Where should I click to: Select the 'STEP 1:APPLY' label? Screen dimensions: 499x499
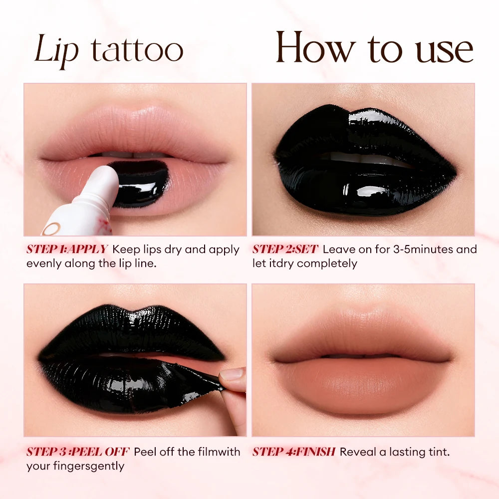67,249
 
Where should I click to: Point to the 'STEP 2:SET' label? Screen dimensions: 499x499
285,249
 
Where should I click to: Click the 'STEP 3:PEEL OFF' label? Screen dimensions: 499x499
78,452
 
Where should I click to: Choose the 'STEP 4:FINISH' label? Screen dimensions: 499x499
293,452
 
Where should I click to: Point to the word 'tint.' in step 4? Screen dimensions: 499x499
437,452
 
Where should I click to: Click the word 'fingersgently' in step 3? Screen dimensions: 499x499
90,467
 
